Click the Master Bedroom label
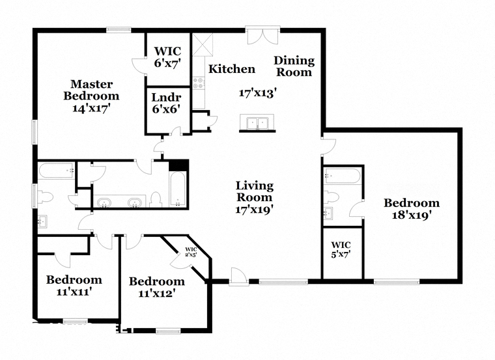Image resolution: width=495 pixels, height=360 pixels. [x=91, y=90]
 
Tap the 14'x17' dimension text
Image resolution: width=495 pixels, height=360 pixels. [x=91, y=108]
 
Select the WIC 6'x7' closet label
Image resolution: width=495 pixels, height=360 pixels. [x=167, y=57]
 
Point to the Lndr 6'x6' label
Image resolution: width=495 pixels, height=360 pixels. [x=166, y=104]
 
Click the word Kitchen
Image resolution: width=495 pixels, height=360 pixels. [x=231, y=69]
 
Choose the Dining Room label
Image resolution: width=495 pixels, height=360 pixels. [x=294, y=66]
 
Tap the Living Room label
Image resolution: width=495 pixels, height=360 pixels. [x=254, y=191]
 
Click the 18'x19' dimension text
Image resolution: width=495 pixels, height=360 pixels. [x=411, y=215]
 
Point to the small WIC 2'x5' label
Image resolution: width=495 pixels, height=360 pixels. [x=191, y=251]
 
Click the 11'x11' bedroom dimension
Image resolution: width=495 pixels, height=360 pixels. [x=74, y=292]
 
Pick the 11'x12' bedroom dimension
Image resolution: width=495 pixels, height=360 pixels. [x=156, y=294]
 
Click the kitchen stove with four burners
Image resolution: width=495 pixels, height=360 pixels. [x=199, y=83]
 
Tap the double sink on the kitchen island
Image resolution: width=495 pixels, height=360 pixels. [x=257, y=122]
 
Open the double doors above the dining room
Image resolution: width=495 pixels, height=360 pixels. [x=263, y=35]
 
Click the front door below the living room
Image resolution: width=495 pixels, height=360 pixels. [x=239, y=276]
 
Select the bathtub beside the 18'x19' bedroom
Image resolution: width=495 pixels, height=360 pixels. [x=341, y=176]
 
